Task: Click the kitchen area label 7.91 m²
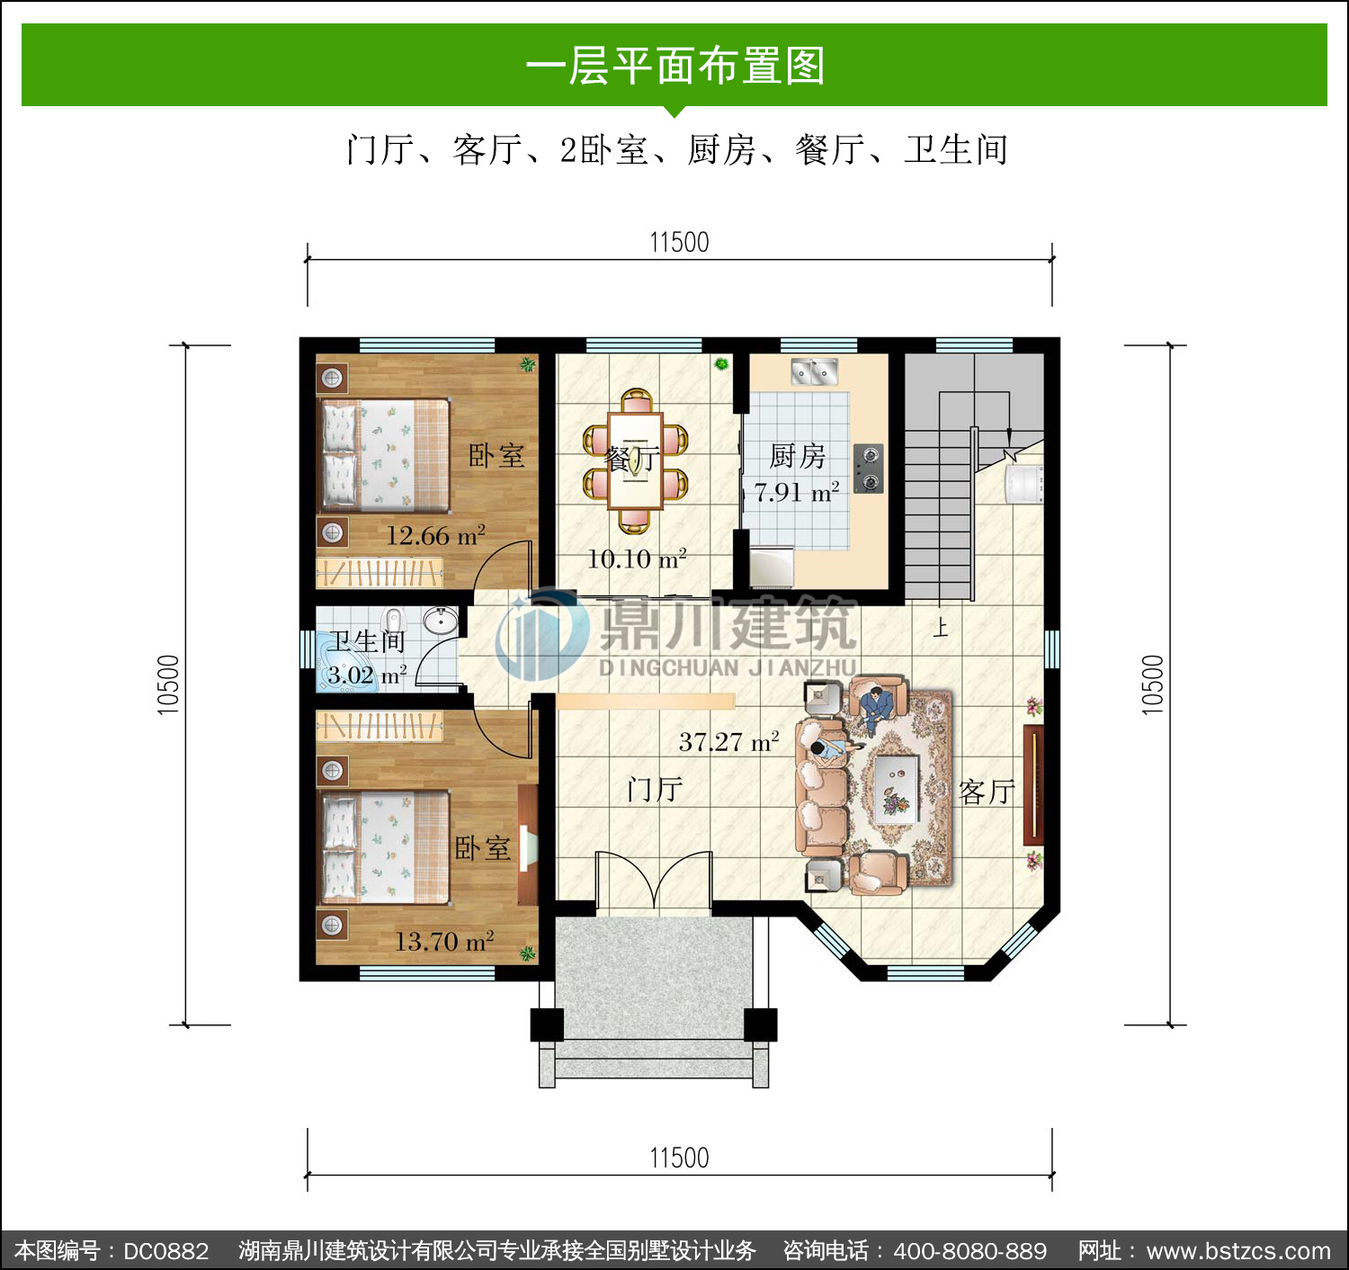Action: pyautogui.click(x=796, y=492)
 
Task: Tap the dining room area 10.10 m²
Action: pyautogui.click(x=637, y=559)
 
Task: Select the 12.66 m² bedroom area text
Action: pyautogui.click(x=435, y=535)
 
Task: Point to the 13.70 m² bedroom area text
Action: pyautogui.click(x=444, y=941)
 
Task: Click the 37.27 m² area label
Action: pyautogui.click(x=728, y=741)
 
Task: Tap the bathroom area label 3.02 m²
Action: pyautogui.click(x=367, y=675)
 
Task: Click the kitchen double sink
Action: pyautogui.click(x=815, y=372)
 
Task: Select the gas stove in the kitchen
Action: pyautogui.click(x=869, y=469)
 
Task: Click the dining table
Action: pyautogui.click(x=635, y=461)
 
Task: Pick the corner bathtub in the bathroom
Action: pyautogui.click(x=345, y=662)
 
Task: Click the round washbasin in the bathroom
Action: pyautogui.click(x=440, y=621)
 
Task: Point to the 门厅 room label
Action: pyautogui.click(x=655, y=790)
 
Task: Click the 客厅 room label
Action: pyautogui.click(x=987, y=792)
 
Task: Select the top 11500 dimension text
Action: pyautogui.click(x=679, y=243)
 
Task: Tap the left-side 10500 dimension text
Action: pyautogui.click(x=168, y=684)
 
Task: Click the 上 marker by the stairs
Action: pyautogui.click(x=941, y=627)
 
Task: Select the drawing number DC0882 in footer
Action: pyautogui.click(x=166, y=1250)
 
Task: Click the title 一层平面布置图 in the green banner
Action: pyautogui.click(x=675, y=66)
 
